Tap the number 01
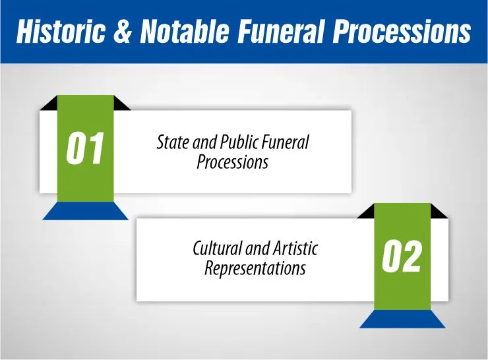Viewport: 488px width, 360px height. [x=86, y=149]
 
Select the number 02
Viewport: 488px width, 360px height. [x=402, y=256]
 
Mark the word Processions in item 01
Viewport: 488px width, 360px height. [x=232, y=162]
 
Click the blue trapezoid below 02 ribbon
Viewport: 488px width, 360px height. [x=402, y=319]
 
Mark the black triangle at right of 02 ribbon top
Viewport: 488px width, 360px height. [x=437, y=212]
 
